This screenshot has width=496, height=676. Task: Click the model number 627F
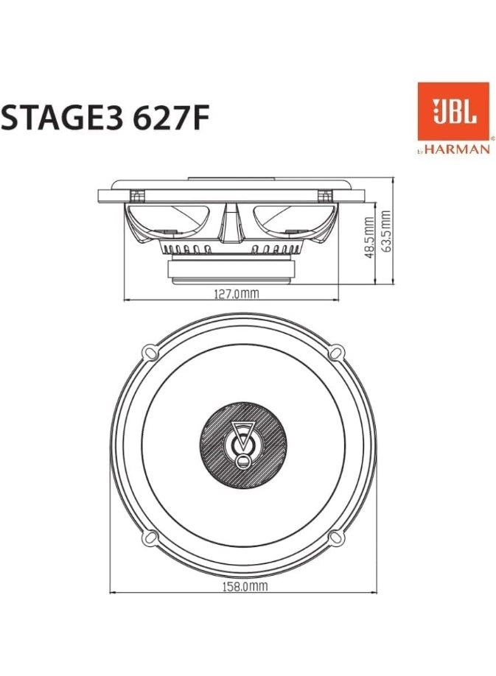[x=167, y=117]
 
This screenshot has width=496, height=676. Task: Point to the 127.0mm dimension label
[x=236, y=293]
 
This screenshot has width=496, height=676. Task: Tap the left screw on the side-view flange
[x=136, y=196]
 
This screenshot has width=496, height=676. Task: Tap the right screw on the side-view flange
[x=324, y=196]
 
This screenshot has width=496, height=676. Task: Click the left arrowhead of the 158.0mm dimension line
[x=113, y=592]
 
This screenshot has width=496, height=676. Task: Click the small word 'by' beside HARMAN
[x=420, y=152]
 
